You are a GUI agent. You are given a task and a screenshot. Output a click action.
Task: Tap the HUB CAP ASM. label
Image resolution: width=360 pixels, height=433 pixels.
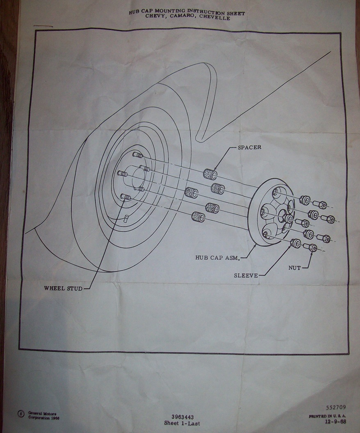coord(217,258)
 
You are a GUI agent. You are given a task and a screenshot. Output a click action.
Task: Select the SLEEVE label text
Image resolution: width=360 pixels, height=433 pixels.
coord(246,275)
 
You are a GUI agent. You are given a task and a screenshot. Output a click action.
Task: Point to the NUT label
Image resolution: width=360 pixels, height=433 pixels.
coord(294,268)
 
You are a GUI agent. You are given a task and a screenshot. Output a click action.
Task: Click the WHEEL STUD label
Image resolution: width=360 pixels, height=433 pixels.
coord(63,288)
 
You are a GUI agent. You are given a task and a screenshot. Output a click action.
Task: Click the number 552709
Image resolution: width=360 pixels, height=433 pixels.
coord(336,408)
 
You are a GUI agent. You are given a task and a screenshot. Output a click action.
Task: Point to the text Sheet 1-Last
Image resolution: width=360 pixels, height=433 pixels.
coord(182,423)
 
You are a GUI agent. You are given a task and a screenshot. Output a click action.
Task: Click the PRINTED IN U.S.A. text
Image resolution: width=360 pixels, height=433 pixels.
coord(328,416)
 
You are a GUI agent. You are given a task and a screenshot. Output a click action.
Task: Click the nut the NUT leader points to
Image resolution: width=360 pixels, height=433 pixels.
coord(310,247)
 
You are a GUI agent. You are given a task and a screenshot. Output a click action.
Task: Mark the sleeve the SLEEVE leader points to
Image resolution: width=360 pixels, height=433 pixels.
coord(295,243)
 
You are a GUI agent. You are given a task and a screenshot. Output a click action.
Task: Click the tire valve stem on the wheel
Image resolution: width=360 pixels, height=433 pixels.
coord(127,218)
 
